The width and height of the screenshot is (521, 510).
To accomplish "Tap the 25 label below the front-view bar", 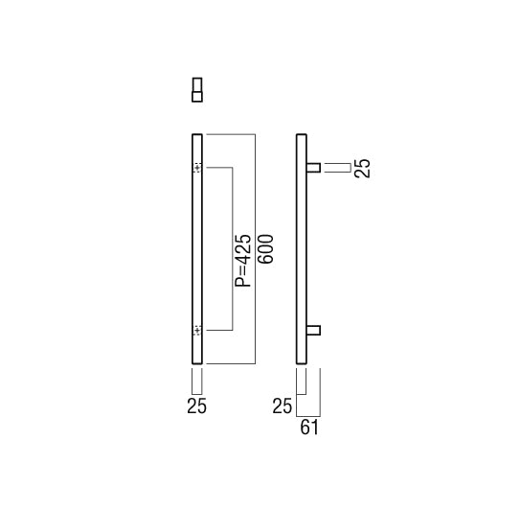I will pos(196,406).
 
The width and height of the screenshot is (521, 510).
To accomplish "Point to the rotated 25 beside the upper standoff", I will pos(361,169).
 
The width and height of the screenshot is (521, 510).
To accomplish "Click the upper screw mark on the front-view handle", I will pos(197,169).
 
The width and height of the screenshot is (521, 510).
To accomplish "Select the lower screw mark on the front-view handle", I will pos(197,331).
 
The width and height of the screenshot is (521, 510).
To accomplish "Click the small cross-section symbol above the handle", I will pos(197,89).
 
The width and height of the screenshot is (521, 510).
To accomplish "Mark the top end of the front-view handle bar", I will pos(197,132).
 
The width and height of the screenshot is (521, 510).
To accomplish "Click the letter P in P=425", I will pos(243,284).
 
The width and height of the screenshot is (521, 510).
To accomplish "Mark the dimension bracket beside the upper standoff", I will pos(337,169).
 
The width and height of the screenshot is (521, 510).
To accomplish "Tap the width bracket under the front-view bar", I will pos(197,382).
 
